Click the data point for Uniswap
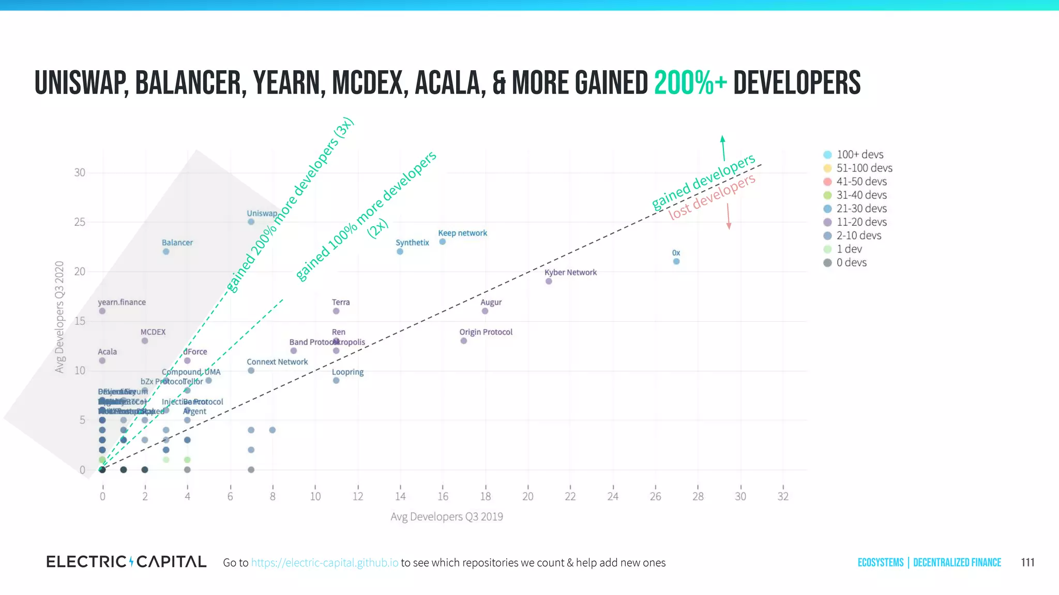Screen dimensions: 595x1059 tap(251, 222)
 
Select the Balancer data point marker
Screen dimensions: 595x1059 tap(166, 252)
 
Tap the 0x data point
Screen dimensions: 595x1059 tap(676, 261)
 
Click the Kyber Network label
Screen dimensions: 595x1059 tap(570, 272)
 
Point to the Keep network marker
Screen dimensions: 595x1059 tap(443, 242)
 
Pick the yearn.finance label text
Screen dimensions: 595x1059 tap(122, 302)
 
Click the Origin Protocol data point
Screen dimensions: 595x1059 tap(464, 341)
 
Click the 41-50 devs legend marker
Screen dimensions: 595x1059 tap(827, 181)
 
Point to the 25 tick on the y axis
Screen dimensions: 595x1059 tap(80, 222)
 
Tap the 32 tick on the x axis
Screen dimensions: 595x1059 tap(783, 496)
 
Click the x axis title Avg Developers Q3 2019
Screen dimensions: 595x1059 tap(447, 516)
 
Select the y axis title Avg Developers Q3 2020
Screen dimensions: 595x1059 tap(59, 317)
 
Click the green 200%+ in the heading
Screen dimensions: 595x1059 tap(690, 83)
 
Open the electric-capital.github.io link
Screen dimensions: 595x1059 tap(325, 562)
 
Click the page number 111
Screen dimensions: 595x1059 tap(1027, 562)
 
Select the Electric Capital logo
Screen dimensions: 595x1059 tap(126, 561)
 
